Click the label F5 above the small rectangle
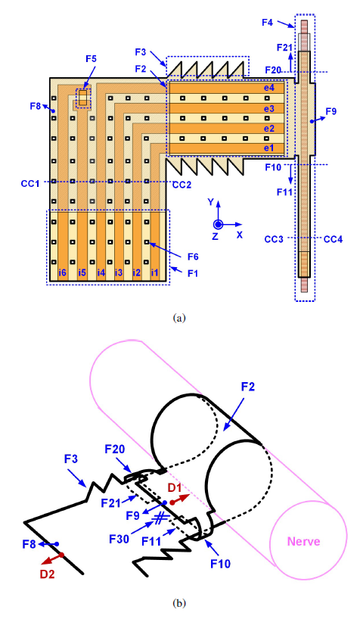click(x=92, y=59)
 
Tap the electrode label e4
click(x=268, y=88)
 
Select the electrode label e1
click(x=268, y=148)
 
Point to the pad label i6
click(x=62, y=272)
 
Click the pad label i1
click(x=155, y=272)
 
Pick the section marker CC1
click(x=30, y=184)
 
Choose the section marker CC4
click(x=334, y=239)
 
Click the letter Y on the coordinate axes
click(x=211, y=202)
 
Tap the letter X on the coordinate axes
click(x=240, y=235)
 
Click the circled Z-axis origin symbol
click(x=218, y=224)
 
